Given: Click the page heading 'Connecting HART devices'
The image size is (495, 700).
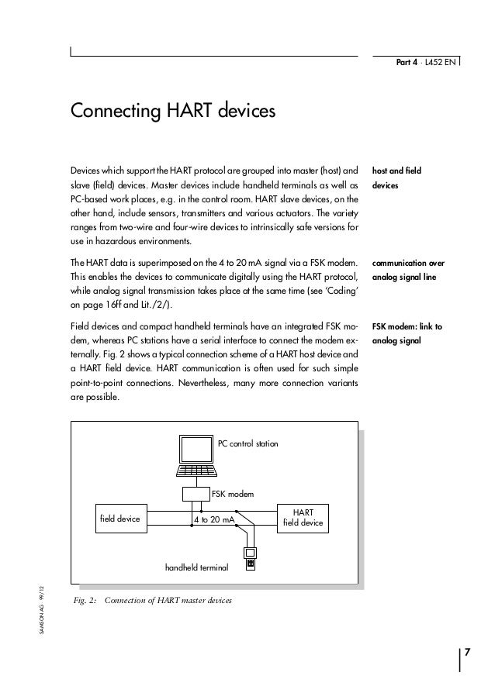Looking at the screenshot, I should tap(173, 110).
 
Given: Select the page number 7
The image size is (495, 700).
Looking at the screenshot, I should tap(466, 656).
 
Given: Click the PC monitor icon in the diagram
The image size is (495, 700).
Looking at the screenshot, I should tap(194, 458).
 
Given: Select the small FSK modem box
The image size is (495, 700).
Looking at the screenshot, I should tap(195, 494).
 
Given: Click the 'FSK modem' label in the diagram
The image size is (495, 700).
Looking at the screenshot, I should tap(233, 493).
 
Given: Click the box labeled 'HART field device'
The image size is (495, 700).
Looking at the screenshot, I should tap(304, 518).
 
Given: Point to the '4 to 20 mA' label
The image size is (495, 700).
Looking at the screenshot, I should tap(213, 519).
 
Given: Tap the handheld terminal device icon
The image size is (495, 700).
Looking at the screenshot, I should tap(251, 560).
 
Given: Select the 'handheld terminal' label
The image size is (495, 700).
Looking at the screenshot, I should tap(196, 568).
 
